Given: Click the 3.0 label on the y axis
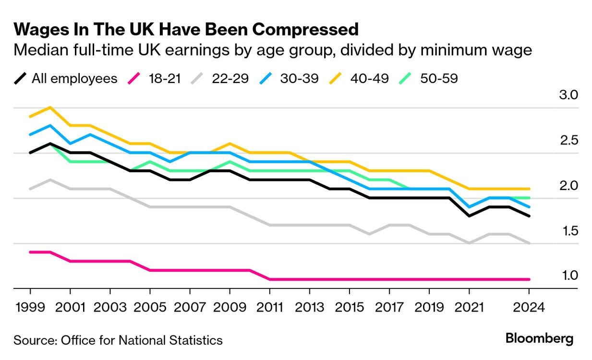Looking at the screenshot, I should point(568,95).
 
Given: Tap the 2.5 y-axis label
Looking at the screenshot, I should point(568,140).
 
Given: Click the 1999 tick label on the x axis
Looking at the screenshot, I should point(30,307).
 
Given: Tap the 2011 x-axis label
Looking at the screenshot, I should point(270,307).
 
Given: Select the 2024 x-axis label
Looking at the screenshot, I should point(529,307).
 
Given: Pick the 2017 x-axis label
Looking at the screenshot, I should point(389,307).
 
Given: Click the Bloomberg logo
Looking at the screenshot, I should point(539,338).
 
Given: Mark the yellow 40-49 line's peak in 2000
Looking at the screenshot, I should point(50,107).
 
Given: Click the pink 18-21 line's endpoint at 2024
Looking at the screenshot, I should point(529,279).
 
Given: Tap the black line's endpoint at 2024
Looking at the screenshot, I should point(529,216).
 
